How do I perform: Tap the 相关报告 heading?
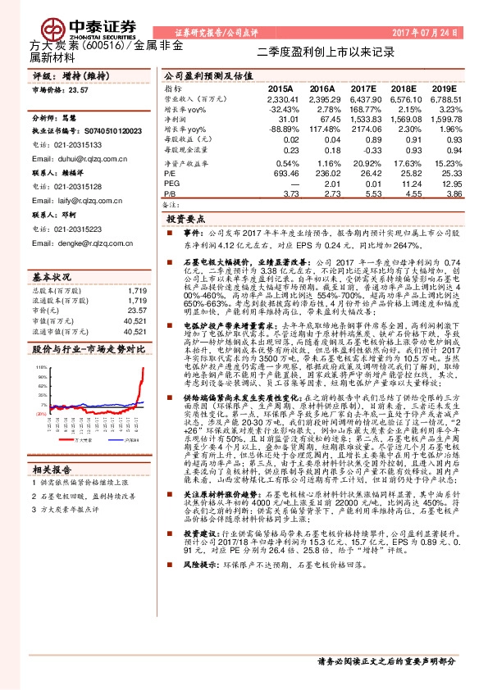pyautogui.click(x=53, y=469)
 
